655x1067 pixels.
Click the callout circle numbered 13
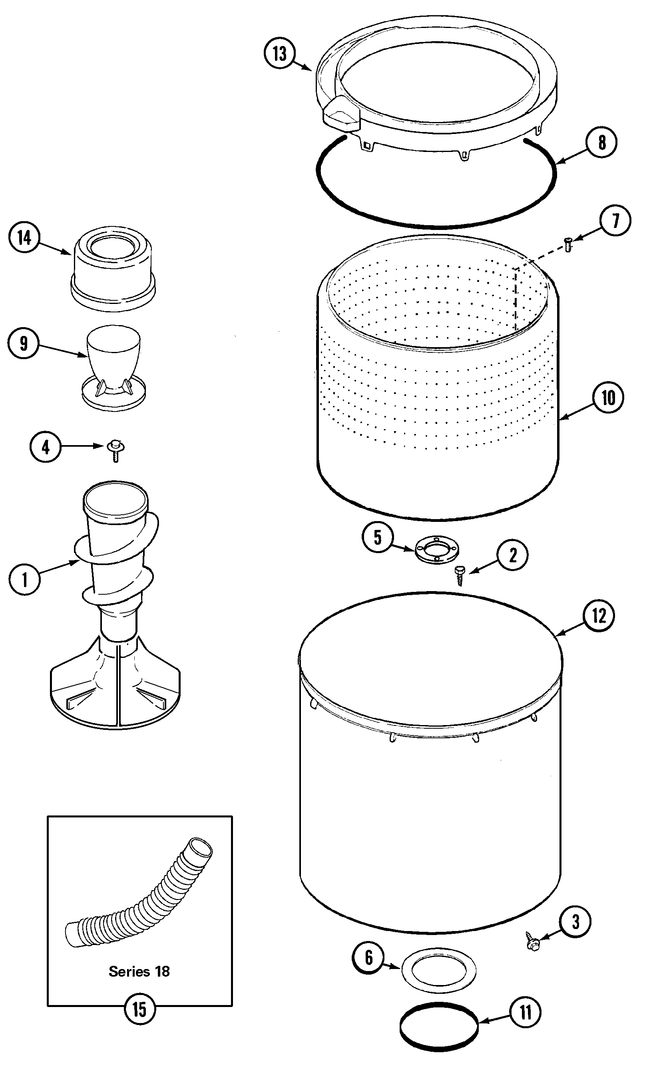(280, 54)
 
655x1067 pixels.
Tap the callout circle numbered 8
(601, 142)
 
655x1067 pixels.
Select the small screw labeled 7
(568, 244)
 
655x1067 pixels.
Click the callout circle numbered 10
(608, 398)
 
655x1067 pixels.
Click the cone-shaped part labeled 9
(113, 366)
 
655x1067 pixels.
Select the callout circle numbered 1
(24, 579)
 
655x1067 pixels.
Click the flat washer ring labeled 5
(437, 550)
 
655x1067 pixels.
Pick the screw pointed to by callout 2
(460, 575)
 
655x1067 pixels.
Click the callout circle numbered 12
(599, 615)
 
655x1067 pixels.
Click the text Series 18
(139, 971)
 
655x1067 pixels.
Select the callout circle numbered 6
(368, 957)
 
